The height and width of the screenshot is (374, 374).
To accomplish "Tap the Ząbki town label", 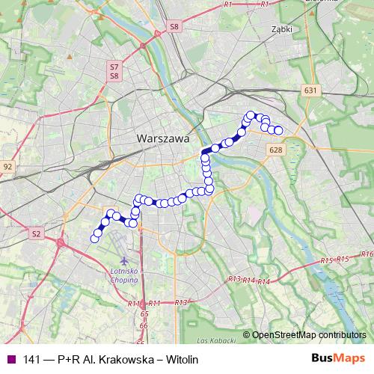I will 283,31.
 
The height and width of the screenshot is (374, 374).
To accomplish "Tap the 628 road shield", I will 274,150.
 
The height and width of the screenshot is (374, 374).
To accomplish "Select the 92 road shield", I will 8,166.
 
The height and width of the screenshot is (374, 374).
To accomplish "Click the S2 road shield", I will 35,234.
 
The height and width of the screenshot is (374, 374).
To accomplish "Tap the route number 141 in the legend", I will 33,360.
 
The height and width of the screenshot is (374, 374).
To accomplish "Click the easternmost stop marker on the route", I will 278,131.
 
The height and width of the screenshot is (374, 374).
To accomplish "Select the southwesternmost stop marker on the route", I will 94,239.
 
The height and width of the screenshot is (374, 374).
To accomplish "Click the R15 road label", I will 325,261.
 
